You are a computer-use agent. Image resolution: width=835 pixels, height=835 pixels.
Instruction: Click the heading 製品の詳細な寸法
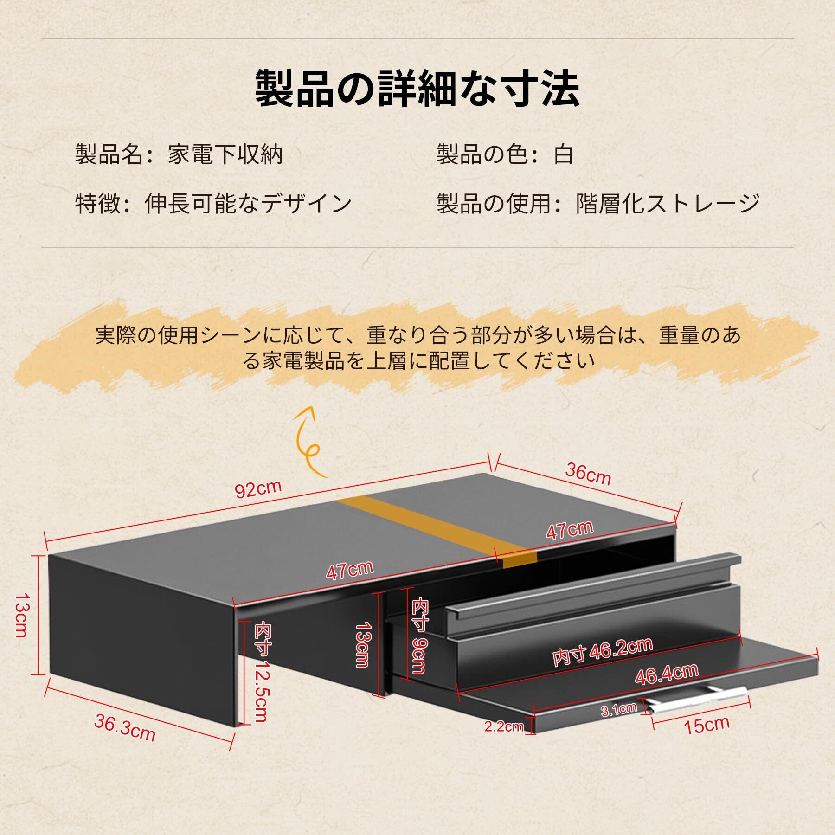[417, 88]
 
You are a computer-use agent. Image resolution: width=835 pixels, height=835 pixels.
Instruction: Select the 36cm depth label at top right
[588, 474]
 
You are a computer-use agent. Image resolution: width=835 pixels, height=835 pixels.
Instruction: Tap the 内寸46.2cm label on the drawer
[603, 652]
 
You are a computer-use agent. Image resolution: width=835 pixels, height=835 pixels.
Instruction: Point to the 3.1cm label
[619, 709]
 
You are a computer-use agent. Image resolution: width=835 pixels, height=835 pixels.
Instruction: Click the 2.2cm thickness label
[504, 726]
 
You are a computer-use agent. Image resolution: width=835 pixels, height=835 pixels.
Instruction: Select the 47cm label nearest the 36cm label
[569, 530]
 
